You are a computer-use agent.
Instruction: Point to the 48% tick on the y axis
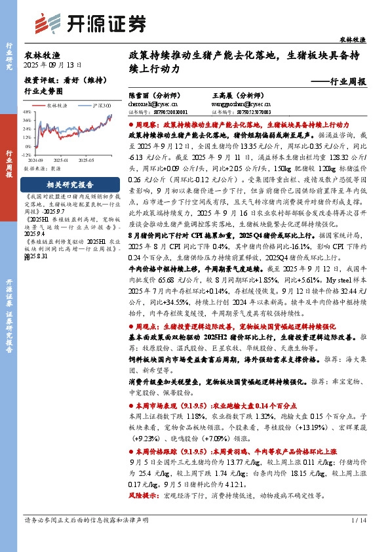[27, 112]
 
